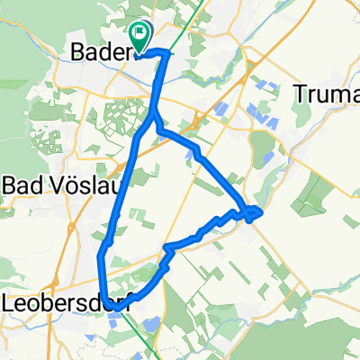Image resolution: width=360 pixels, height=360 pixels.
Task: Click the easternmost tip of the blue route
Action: pyautogui.click(x=260, y=211)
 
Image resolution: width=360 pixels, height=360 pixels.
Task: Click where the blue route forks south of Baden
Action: pyautogui.click(x=154, y=117)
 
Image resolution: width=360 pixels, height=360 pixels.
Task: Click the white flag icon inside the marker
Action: pyautogui.click(x=141, y=34)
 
